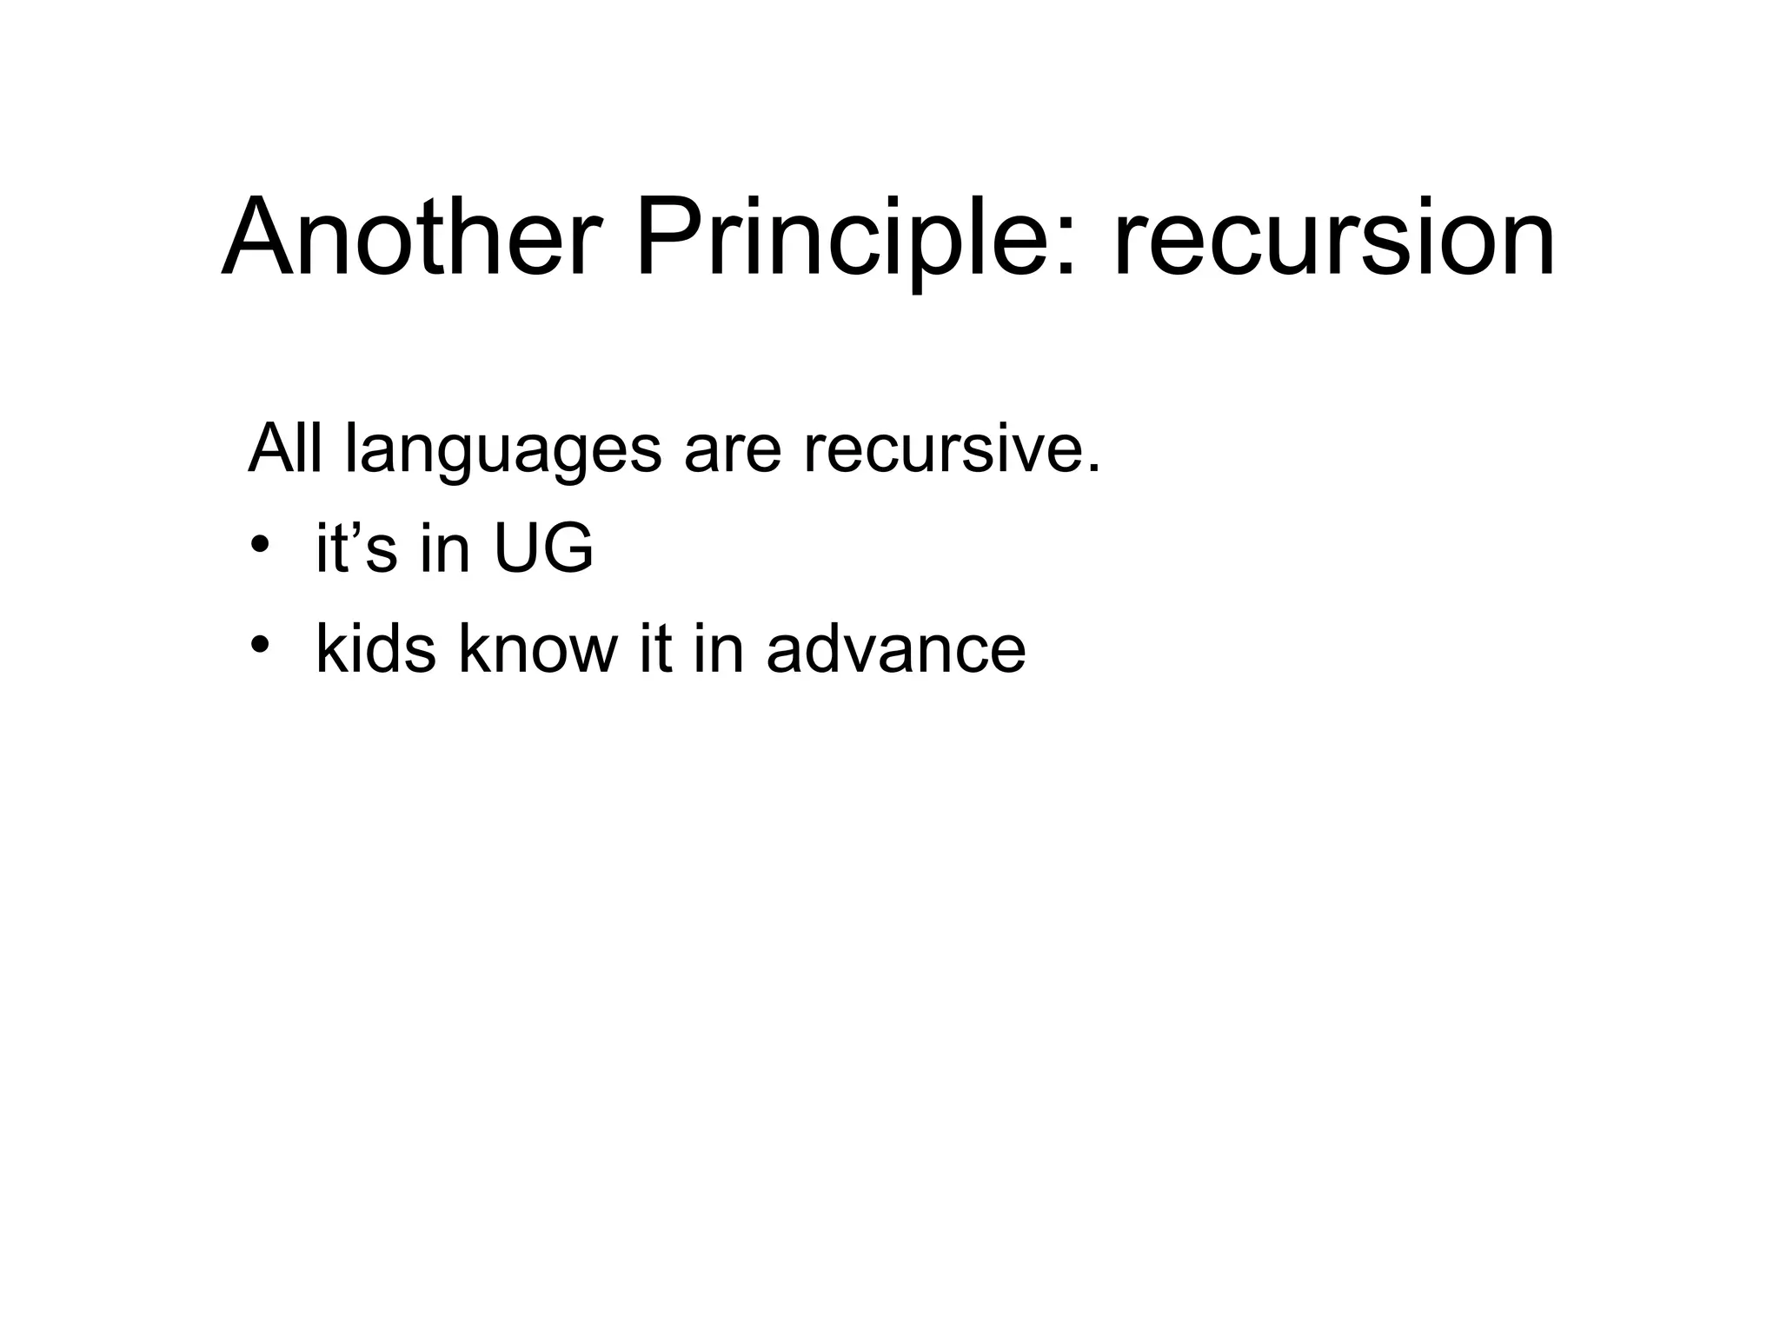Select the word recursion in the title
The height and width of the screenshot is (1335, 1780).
(x=1334, y=236)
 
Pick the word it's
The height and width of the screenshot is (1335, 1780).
(x=355, y=549)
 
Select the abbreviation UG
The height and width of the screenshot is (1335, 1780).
(x=543, y=549)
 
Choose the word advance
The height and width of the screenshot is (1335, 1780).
(x=896, y=648)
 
